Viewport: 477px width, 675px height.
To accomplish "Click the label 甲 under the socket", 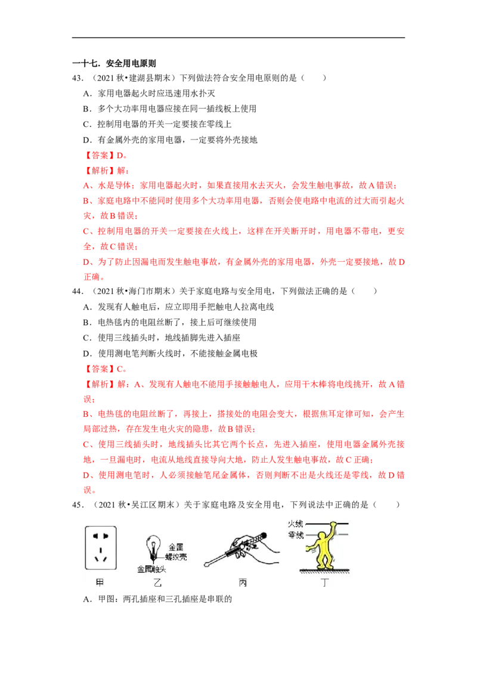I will pos(100,583).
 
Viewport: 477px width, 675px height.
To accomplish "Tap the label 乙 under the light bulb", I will pos(157,583).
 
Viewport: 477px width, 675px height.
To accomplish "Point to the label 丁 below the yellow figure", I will pos(323,583).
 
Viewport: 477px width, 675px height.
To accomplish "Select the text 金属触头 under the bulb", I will pos(151,569).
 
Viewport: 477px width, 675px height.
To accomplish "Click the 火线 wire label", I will pos(295,524).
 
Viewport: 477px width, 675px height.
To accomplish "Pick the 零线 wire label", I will pos(295,535).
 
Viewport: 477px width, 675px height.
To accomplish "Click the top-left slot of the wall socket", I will pos(95,536).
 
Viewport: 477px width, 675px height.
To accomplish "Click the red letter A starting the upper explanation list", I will pos(85,185).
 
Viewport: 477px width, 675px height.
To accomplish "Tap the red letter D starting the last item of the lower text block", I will pos(85,475).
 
